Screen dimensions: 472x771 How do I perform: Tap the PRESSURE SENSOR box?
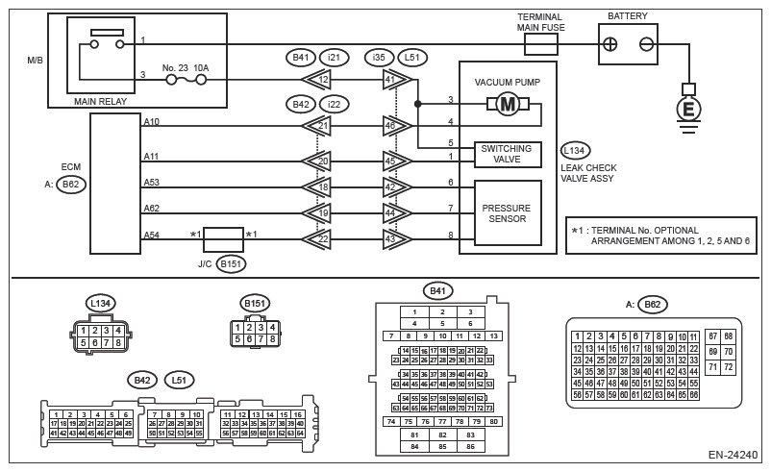[x=506, y=213]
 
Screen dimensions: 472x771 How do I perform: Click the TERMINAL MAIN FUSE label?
[x=540, y=22]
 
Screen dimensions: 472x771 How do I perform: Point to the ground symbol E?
[x=687, y=110]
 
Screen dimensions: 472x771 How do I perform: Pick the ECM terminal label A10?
[x=152, y=121]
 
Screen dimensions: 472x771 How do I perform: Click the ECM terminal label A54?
[x=152, y=235]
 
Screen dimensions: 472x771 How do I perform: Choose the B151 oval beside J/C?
[x=231, y=261]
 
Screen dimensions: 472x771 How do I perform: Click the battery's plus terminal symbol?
[x=609, y=43]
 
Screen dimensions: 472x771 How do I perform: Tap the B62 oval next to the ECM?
[x=70, y=186]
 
